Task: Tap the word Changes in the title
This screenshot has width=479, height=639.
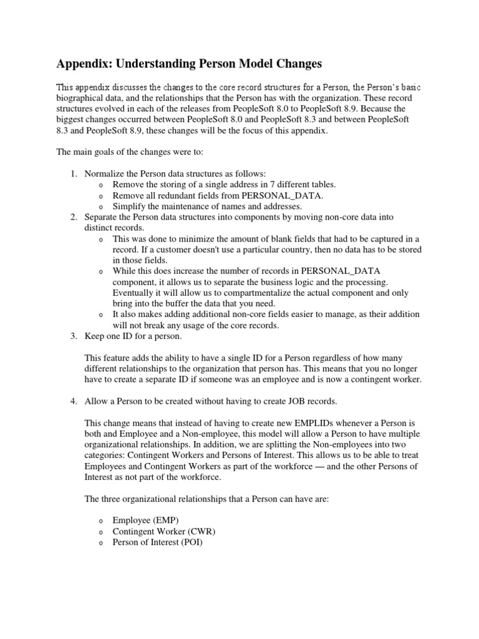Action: pyautogui.click(x=296, y=64)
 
